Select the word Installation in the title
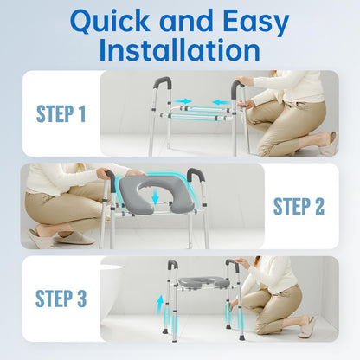click(x=180, y=50)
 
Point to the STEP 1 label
click(x=61, y=113)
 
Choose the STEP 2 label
click(x=299, y=206)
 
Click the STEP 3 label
click(x=61, y=299)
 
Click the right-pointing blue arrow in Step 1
click(x=182, y=101)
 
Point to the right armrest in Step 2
click(x=195, y=177)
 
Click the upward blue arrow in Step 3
click(x=158, y=305)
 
